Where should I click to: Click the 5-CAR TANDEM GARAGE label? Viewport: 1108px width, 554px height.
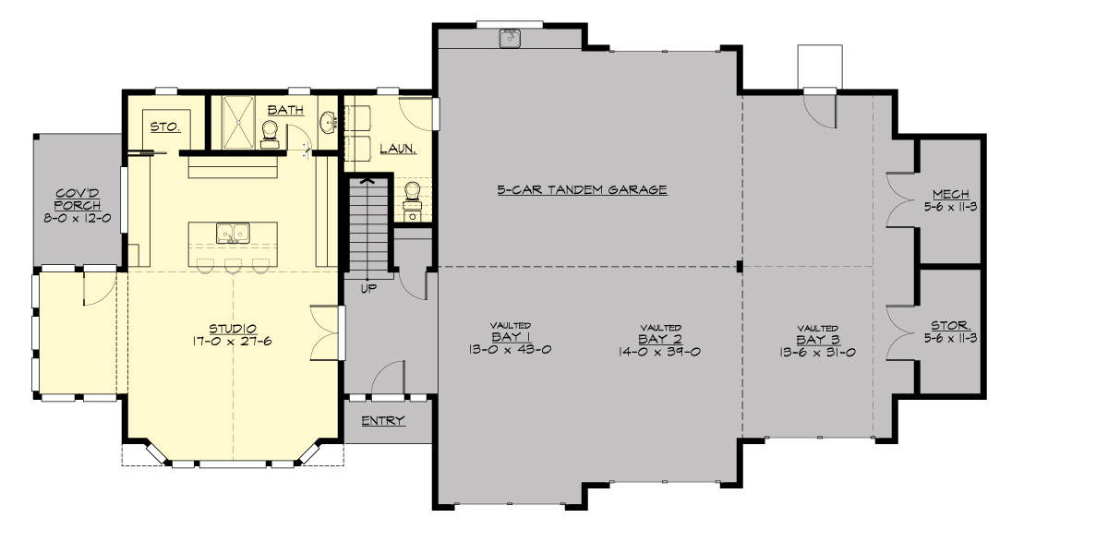[x=582, y=189]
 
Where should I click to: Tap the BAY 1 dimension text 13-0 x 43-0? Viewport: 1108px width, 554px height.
[x=510, y=350]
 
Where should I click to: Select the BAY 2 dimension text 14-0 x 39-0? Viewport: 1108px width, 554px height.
[x=660, y=351]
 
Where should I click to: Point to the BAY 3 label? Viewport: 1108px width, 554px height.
[x=817, y=339]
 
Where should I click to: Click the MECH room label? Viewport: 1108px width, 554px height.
[x=950, y=194]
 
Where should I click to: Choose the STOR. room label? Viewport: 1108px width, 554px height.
[x=950, y=326]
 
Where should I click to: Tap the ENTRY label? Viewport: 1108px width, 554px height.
[x=383, y=421]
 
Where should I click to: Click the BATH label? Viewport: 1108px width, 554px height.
[x=279, y=110]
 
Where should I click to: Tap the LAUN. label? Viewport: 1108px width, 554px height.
[x=397, y=147]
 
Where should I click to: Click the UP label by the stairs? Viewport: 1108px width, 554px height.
[x=368, y=288]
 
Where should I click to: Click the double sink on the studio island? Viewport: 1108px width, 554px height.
[x=234, y=233]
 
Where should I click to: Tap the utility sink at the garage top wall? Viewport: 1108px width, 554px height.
[x=510, y=37]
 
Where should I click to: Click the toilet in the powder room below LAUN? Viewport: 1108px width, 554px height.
[x=413, y=193]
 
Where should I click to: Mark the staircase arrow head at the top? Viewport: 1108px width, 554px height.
[x=367, y=182]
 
